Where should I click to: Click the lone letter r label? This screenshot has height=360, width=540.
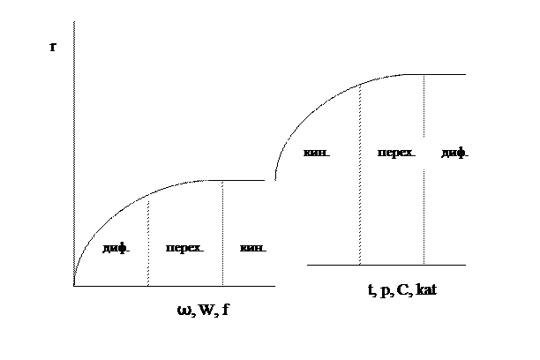[53, 47]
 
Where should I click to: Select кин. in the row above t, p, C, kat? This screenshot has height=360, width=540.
[316, 154]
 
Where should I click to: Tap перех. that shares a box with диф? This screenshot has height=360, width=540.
[396, 154]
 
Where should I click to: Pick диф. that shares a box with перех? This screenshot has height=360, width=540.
[454, 154]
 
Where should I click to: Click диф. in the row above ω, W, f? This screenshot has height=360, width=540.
[116, 249]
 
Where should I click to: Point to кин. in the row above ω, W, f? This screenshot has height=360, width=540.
[252, 249]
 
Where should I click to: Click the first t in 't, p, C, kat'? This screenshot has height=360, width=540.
[370, 289]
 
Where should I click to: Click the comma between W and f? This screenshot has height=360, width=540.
[217, 314]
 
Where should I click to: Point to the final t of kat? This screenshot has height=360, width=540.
[433, 289]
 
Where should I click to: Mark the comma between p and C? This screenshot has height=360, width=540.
[392, 294]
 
